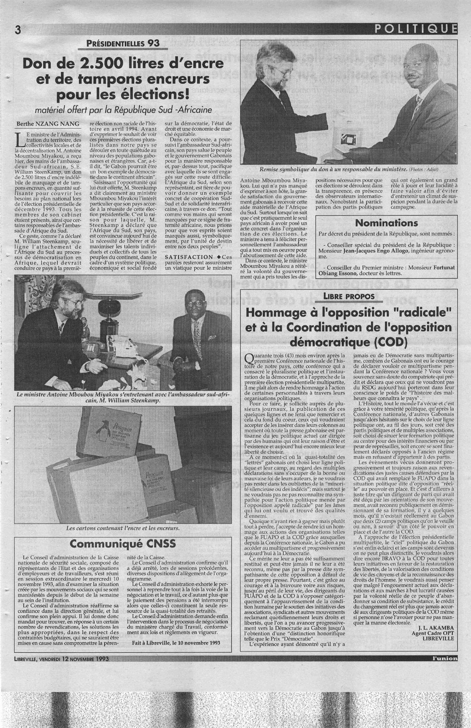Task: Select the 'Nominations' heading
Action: pyautogui.click(x=386, y=223)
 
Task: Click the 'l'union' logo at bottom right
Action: pyautogui.click(x=444, y=658)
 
